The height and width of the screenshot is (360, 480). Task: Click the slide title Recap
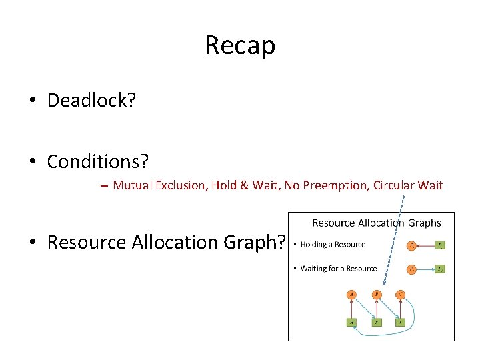(239, 45)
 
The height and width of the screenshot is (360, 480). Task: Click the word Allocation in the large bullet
(180, 242)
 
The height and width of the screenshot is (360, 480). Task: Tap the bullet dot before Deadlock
(32, 101)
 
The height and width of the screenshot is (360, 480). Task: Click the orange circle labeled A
(352, 294)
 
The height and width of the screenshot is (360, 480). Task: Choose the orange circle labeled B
(377, 294)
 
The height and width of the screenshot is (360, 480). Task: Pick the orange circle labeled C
(400, 294)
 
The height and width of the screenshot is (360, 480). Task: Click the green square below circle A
(352, 322)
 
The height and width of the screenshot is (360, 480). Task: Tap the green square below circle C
(400, 322)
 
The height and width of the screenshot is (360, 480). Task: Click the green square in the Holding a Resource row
(440, 245)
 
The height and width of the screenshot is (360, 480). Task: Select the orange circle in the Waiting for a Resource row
(412, 269)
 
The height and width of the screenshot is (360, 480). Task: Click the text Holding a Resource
(333, 245)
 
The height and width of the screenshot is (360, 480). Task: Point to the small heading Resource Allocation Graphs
(377, 223)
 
